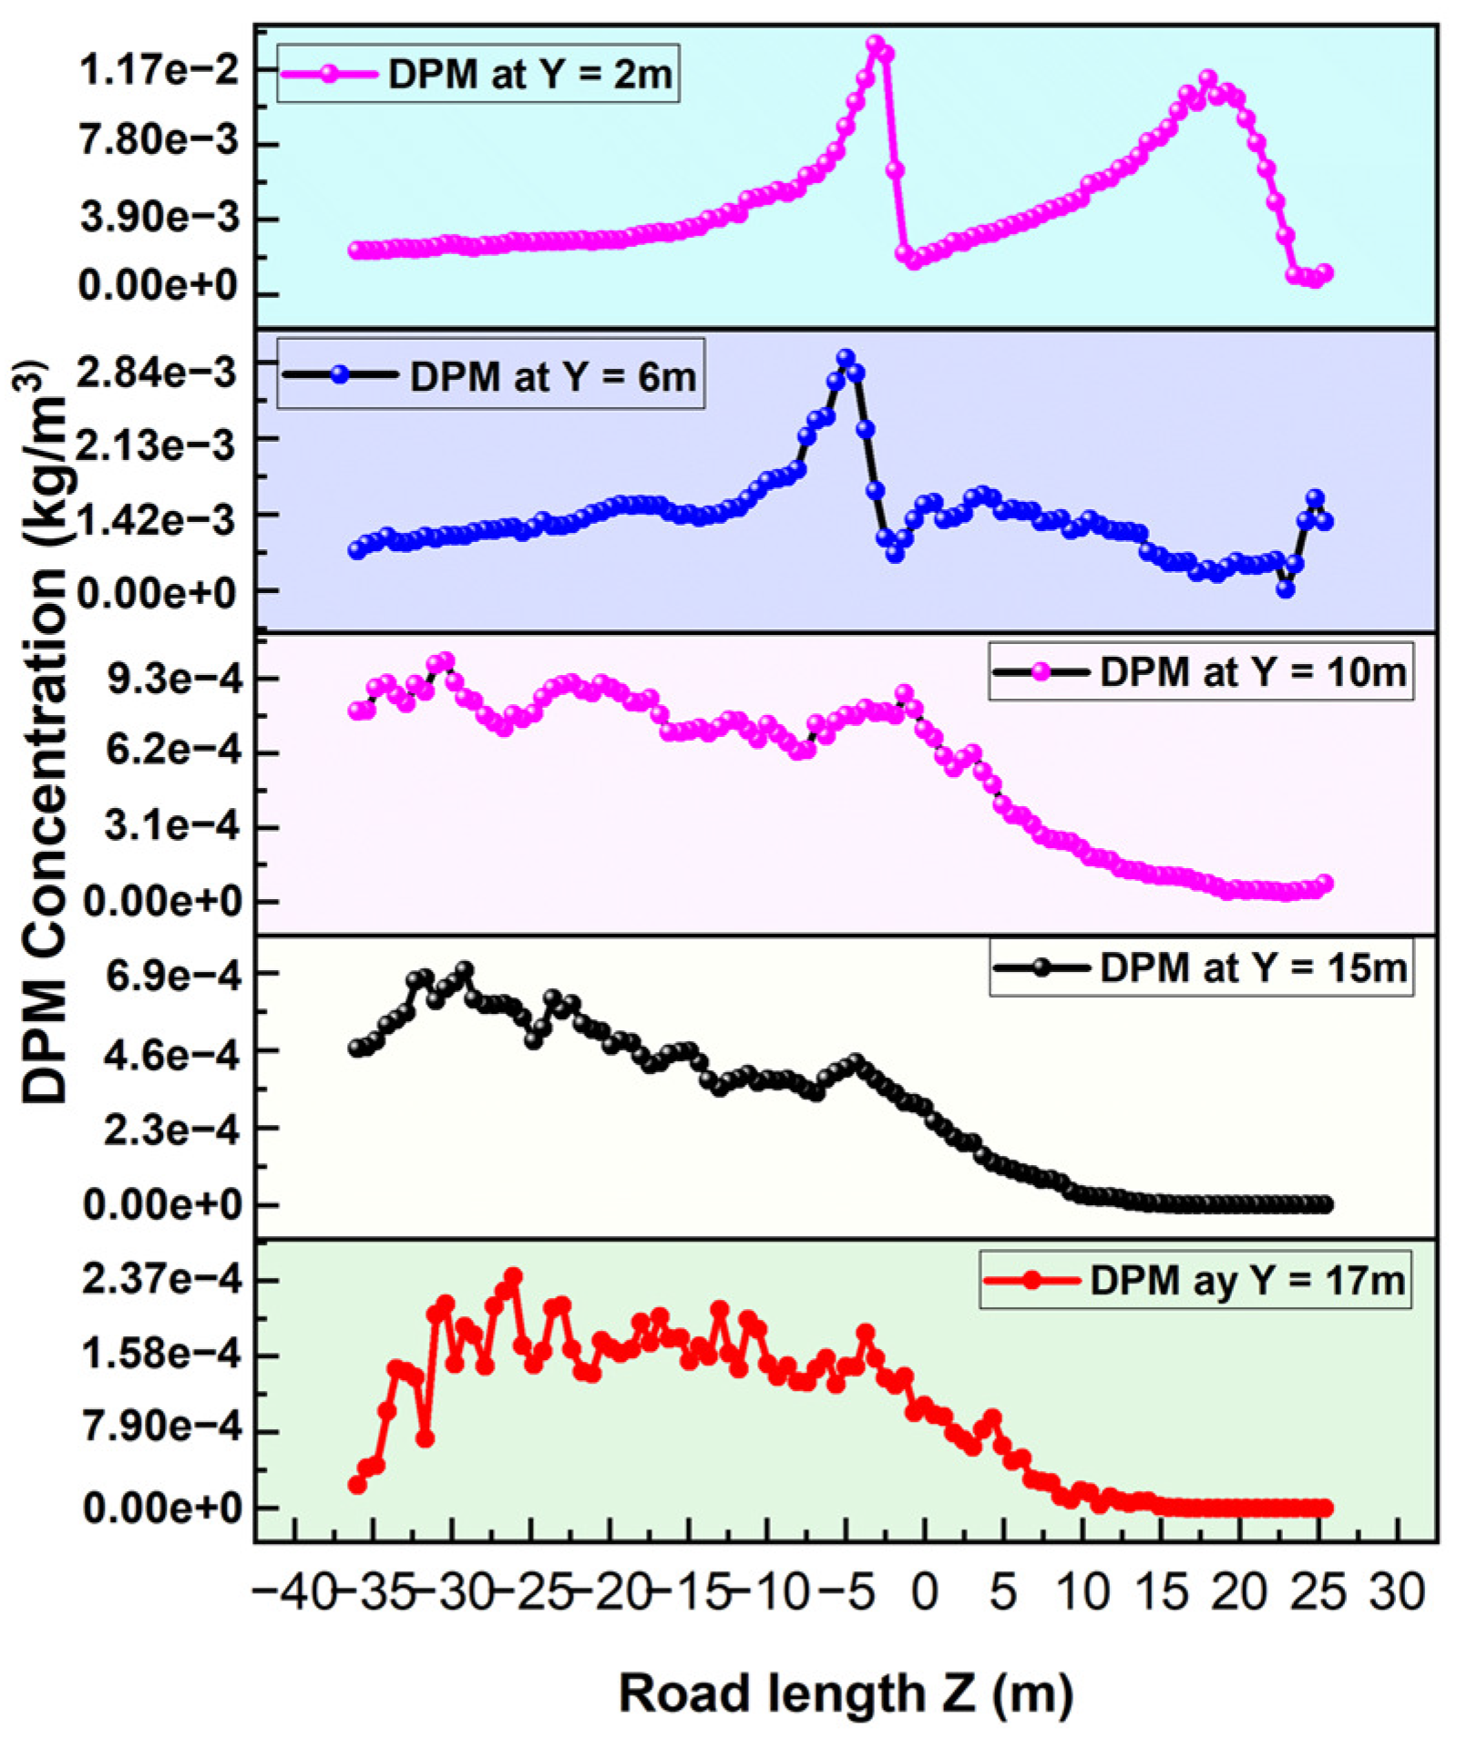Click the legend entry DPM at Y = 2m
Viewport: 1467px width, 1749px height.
click(x=478, y=74)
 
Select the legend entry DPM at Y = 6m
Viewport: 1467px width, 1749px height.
click(x=490, y=375)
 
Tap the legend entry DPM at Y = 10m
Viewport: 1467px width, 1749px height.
click(x=1201, y=672)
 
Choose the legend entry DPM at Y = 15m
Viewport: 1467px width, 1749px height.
click(x=1201, y=967)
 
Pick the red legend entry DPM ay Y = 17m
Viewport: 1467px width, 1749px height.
click(x=1195, y=1280)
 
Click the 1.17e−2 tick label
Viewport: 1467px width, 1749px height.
click(x=159, y=69)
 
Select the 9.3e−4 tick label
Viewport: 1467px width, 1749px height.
click(x=173, y=679)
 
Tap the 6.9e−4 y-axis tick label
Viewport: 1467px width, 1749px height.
click(x=173, y=976)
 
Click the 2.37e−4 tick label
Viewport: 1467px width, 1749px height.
click(x=162, y=1279)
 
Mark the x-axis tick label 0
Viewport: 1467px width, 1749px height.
click(x=924, y=1593)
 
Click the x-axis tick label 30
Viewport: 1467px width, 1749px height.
click(x=1398, y=1593)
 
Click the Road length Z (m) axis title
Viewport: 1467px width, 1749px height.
click(x=846, y=1694)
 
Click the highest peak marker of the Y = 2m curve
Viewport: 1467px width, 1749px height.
click(x=876, y=43)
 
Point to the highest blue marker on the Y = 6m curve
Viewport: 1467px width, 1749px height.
click(x=846, y=358)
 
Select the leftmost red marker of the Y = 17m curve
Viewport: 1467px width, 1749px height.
click(x=357, y=1485)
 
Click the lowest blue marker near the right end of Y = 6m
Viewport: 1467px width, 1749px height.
click(x=1286, y=588)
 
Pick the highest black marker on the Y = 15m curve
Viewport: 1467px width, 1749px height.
click(x=465, y=969)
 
